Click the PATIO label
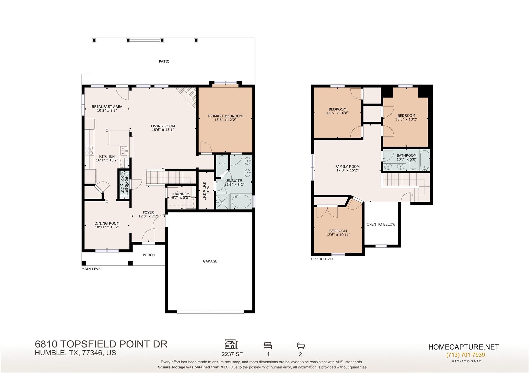click(x=164, y=61)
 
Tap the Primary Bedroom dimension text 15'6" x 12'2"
click(x=225, y=120)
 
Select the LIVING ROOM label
click(x=163, y=126)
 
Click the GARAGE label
click(x=210, y=261)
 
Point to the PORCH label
click(x=149, y=255)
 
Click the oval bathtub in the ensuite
click(x=241, y=201)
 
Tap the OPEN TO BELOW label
click(x=381, y=224)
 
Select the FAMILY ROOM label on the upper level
click(x=347, y=167)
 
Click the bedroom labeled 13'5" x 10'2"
click(x=406, y=118)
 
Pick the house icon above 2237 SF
click(x=231, y=344)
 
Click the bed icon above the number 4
click(x=268, y=345)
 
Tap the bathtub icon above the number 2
click(x=301, y=345)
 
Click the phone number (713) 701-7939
click(x=465, y=355)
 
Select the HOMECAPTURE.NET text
click(x=464, y=347)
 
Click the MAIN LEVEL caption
click(x=92, y=269)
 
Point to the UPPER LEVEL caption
click(x=322, y=259)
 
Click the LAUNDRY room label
click(x=181, y=194)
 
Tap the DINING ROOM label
click(x=107, y=223)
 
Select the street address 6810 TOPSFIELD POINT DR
click(x=101, y=344)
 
